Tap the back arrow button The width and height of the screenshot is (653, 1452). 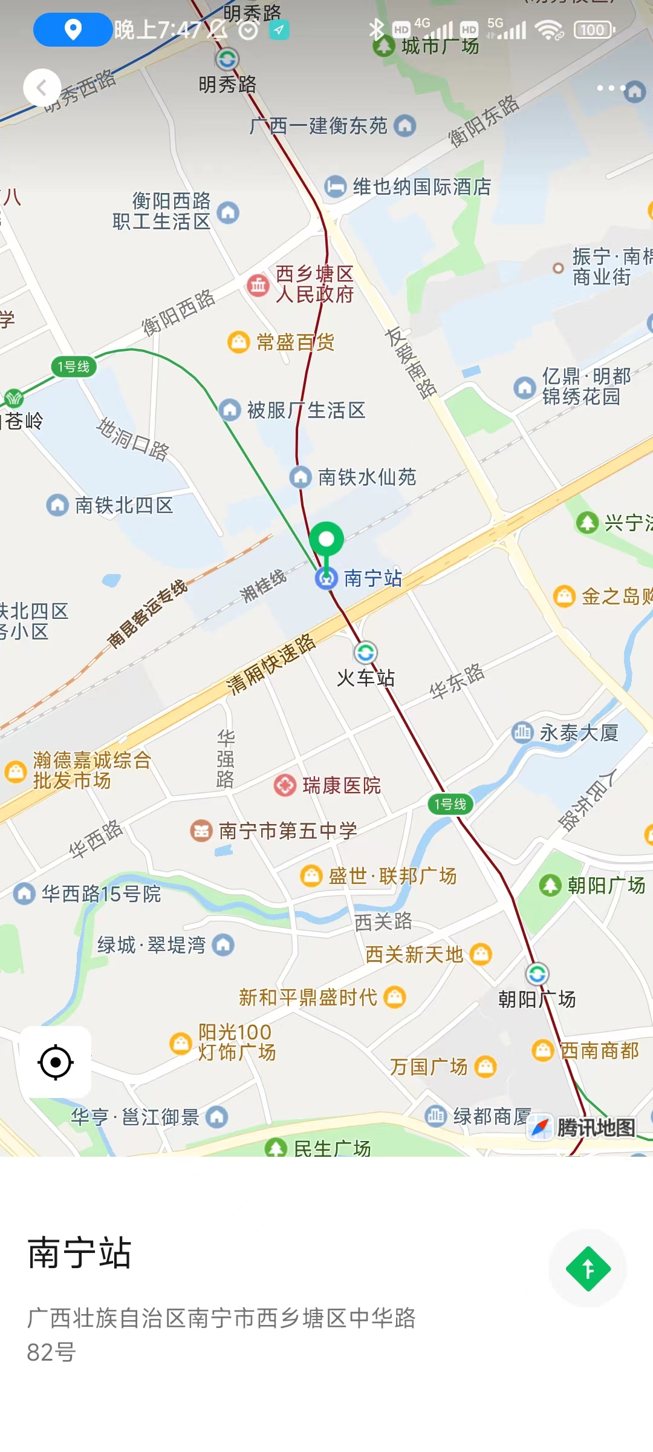[x=42, y=88]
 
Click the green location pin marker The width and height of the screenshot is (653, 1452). [x=326, y=540]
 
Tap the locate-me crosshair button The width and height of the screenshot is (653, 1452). [x=56, y=1062]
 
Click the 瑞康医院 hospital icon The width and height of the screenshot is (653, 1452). [x=285, y=785]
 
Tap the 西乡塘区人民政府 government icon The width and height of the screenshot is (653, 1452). [x=258, y=284]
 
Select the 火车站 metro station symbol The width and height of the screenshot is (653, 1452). [x=365, y=653]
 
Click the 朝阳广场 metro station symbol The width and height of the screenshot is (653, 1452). [x=537, y=974]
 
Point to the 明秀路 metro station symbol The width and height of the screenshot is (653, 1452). [x=227, y=59]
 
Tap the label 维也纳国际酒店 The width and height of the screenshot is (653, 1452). [x=421, y=187]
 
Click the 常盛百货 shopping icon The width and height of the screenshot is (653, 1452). [x=239, y=342]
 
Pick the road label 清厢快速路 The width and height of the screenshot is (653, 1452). [x=271, y=664]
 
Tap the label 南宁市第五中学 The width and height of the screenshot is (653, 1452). [x=287, y=831]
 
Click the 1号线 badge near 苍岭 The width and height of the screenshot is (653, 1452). [x=74, y=367]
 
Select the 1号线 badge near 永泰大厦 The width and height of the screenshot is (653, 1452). [x=450, y=804]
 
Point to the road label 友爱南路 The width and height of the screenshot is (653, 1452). [x=411, y=362]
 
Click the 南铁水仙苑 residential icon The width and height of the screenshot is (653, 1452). [x=301, y=477]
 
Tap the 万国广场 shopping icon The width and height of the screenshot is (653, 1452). [x=485, y=1067]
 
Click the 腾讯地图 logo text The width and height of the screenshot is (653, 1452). [x=596, y=1128]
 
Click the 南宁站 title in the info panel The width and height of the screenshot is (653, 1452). [x=79, y=1253]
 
